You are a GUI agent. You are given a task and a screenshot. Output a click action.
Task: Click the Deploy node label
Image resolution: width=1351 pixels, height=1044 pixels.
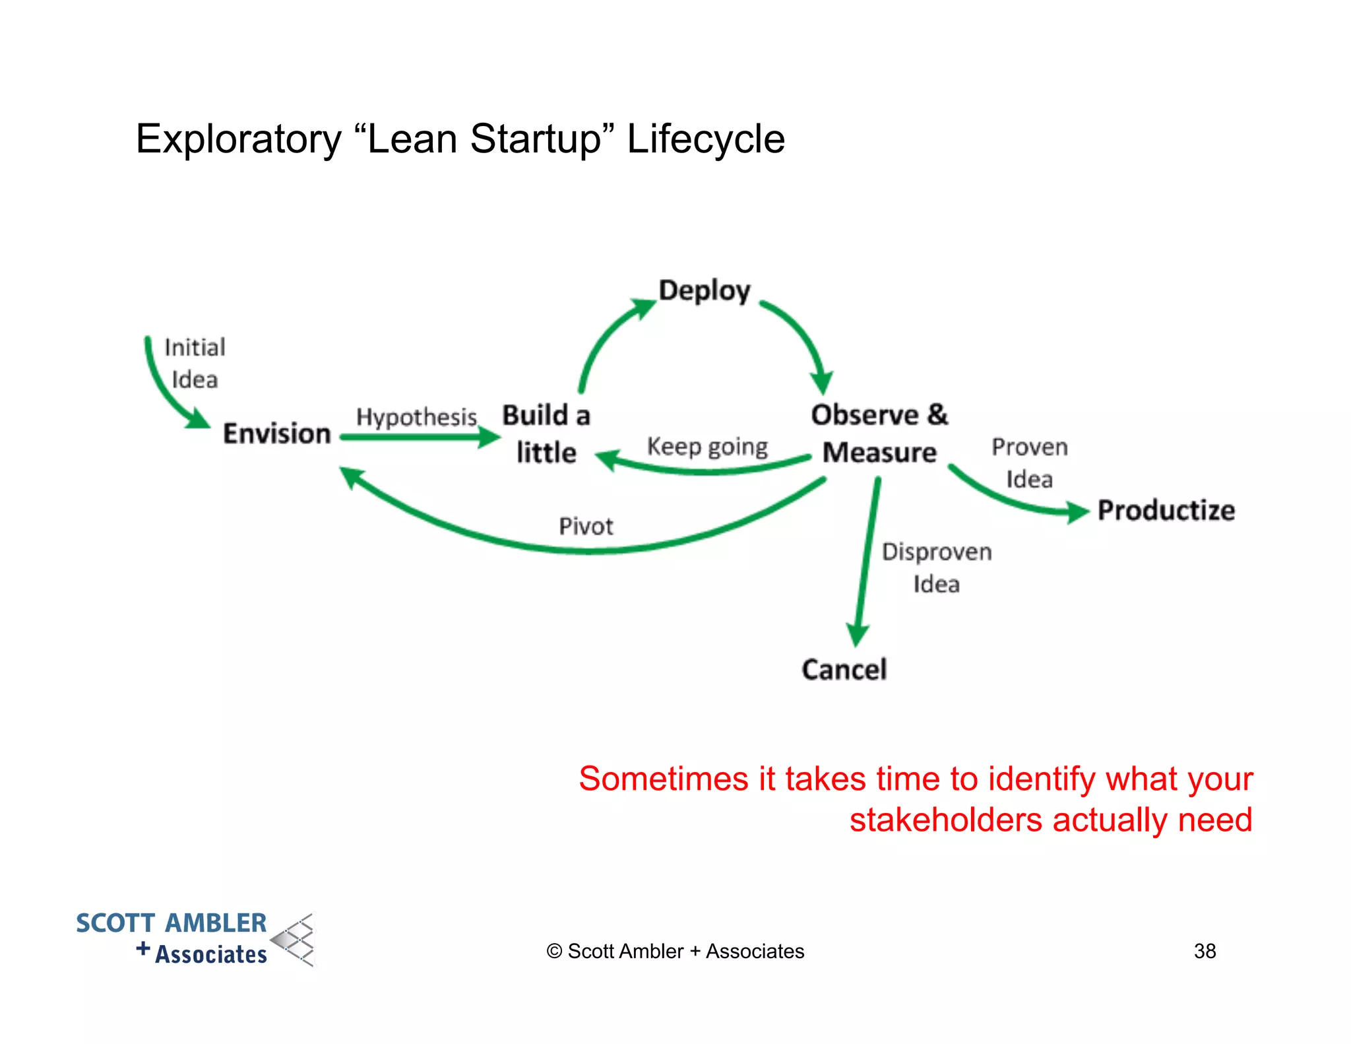click(705, 291)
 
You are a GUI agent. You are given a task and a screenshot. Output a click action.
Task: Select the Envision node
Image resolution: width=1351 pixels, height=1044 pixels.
click(276, 434)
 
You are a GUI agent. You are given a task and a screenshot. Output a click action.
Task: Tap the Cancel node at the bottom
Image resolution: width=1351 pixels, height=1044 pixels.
click(844, 670)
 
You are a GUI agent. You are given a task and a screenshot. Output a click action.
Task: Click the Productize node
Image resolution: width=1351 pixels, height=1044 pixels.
click(1166, 510)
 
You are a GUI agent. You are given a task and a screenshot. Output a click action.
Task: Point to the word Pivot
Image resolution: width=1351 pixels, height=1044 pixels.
click(586, 527)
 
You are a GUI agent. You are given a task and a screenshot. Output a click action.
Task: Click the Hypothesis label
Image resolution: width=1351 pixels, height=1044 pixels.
click(416, 417)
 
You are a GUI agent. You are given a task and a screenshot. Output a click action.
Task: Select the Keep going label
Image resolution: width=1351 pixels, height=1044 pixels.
click(707, 447)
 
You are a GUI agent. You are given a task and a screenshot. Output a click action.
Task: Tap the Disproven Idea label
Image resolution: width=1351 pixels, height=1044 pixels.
click(937, 568)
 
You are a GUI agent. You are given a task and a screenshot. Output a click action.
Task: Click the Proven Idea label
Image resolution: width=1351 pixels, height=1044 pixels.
click(1029, 463)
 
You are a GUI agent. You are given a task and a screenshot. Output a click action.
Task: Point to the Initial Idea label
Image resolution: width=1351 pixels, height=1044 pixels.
click(195, 363)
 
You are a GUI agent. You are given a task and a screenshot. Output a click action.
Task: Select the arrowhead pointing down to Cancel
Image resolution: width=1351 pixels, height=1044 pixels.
click(857, 635)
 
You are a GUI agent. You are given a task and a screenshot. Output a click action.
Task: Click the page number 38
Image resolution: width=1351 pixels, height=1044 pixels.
click(1205, 951)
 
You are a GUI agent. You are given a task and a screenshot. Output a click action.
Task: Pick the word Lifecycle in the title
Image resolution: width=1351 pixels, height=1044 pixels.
click(705, 139)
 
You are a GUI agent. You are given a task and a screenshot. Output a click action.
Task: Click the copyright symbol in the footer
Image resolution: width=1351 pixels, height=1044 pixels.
click(554, 952)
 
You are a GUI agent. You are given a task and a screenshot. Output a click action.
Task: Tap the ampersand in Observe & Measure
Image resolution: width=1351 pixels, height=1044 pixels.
click(937, 415)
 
